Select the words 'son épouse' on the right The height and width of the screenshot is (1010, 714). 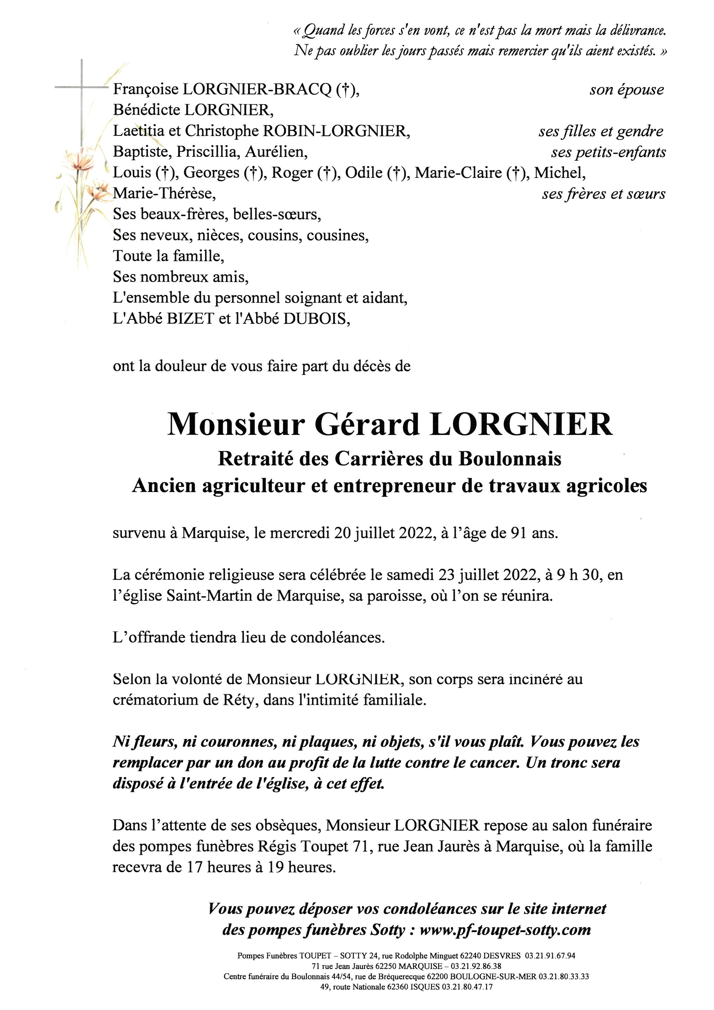pyautogui.click(x=626, y=90)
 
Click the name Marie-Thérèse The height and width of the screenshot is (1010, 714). pyautogui.click(x=164, y=194)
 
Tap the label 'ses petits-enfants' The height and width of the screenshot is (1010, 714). pyautogui.click(x=608, y=152)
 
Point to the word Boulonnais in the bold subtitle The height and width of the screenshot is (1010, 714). pyautogui.click(x=510, y=459)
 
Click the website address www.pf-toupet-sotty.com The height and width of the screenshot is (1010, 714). pyautogui.click(x=505, y=930)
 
